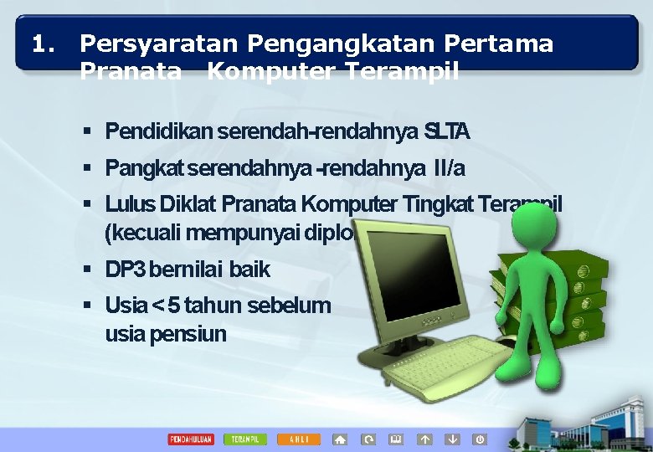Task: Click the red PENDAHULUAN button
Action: pyautogui.click(x=191, y=439)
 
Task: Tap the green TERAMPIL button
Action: pyautogui.click(x=245, y=439)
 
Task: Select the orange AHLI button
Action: pyautogui.click(x=299, y=439)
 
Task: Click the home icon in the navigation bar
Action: pyautogui.click(x=340, y=439)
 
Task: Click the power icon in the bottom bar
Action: pyautogui.click(x=480, y=439)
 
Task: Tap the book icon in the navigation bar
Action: pyautogui.click(x=396, y=439)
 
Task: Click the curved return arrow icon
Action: pyautogui.click(x=368, y=439)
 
